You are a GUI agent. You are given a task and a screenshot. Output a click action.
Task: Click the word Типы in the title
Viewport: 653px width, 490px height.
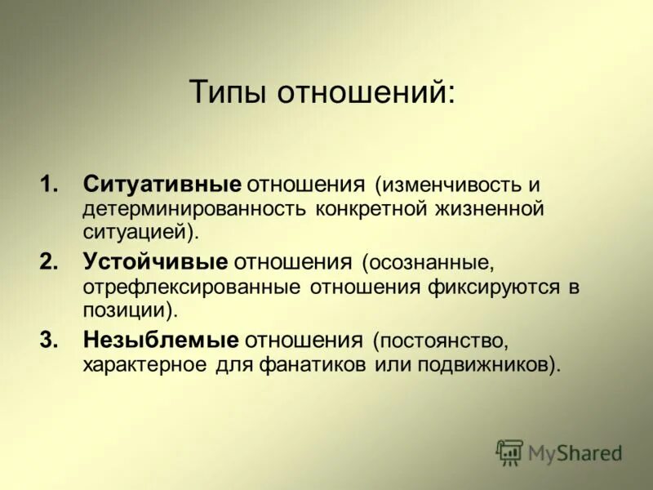click(228, 91)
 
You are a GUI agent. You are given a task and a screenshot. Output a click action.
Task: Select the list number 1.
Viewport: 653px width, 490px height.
click(48, 185)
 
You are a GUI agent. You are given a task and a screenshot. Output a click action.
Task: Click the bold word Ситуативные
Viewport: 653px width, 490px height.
click(162, 185)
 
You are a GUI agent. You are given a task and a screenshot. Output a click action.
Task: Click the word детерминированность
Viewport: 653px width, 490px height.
click(193, 208)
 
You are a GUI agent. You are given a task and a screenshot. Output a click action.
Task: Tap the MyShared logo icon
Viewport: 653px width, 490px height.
click(509, 452)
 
